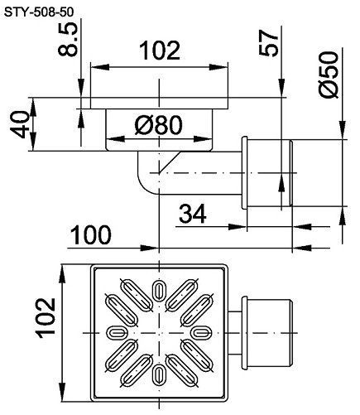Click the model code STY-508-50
tap(39, 12)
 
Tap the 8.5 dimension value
tap(68, 39)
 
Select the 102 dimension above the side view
tap(160, 51)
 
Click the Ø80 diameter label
tap(158, 124)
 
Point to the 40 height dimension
tap(21, 124)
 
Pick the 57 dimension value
tap(268, 43)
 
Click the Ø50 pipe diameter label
tap(329, 75)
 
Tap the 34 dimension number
tap(192, 214)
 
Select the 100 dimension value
tap(91, 235)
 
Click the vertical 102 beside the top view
tap(46, 318)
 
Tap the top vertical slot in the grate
tap(159, 290)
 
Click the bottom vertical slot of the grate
tap(159, 374)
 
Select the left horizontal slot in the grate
tap(117, 332)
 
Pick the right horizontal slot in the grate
tap(201, 332)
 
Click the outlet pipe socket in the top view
tap(266, 333)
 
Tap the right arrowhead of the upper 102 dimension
tap(218, 67)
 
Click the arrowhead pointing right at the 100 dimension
tap(150, 248)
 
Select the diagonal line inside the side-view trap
tap(170, 162)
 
